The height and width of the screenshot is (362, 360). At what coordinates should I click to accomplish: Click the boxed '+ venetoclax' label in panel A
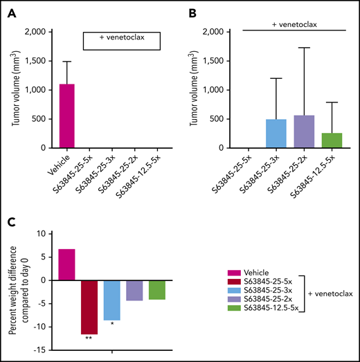[x=121, y=40]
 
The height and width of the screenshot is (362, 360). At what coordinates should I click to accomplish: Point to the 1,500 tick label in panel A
[x=35, y=61]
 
